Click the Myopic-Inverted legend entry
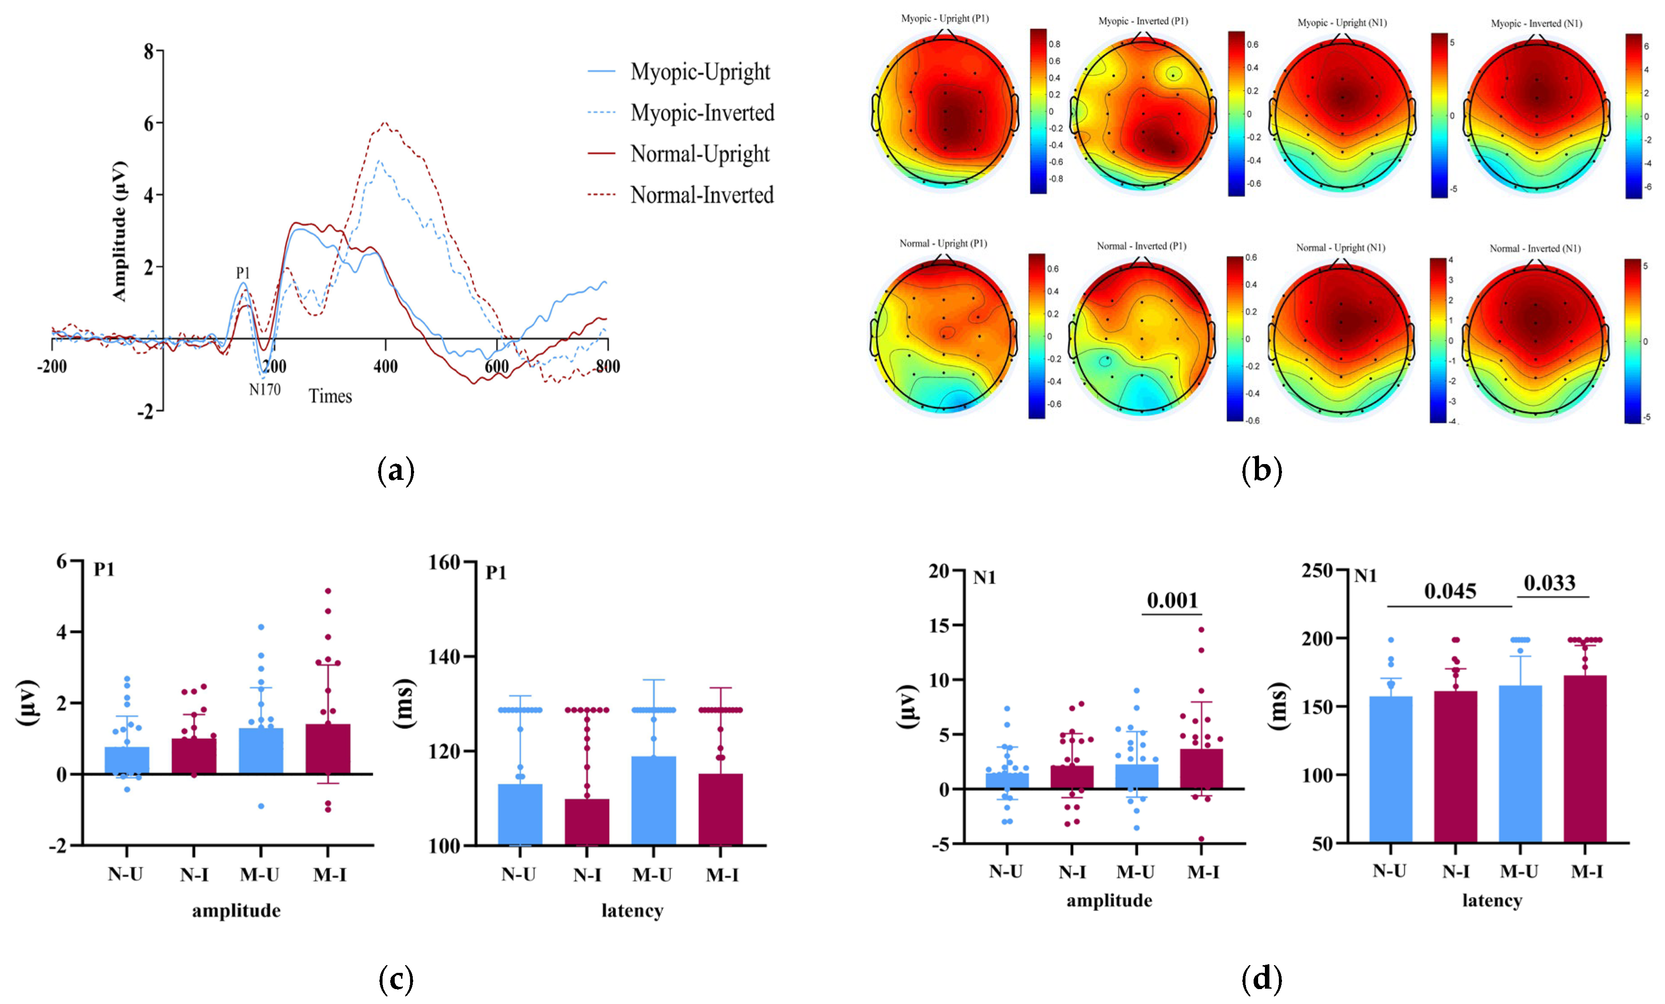click(701, 113)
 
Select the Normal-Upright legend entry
click(699, 154)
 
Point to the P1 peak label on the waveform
click(243, 273)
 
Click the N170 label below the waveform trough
click(264, 390)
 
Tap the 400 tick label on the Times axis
click(385, 367)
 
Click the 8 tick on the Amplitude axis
click(149, 51)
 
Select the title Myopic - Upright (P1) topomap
click(944, 18)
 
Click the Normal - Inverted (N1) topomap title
click(1535, 248)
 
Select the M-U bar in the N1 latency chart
click(1520, 764)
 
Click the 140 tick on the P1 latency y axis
click(444, 656)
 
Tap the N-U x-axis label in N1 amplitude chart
click(1005, 871)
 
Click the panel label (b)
click(1261, 470)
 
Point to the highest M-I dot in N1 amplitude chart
click(1201, 629)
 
